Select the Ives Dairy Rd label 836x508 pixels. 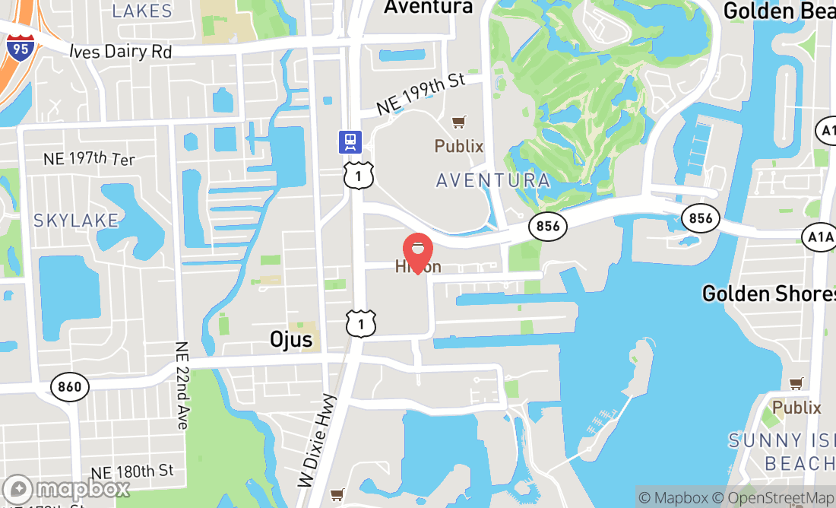pyautogui.click(x=120, y=51)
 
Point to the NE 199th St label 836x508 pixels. pyautogui.click(x=420, y=94)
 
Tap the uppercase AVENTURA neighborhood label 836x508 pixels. pyautogui.click(x=492, y=180)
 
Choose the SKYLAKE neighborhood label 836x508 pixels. pyautogui.click(x=76, y=221)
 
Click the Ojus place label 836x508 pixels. pyautogui.click(x=291, y=338)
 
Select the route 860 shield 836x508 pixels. pyautogui.click(x=70, y=387)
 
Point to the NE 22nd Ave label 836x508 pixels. pyautogui.click(x=182, y=385)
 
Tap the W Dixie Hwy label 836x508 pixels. pyautogui.click(x=317, y=441)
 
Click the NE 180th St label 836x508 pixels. pyautogui.click(x=131, y=472)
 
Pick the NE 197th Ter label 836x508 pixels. pyautogui.click(x=89, y=159)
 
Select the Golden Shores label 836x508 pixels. pyautogui.click(x=768, y=294)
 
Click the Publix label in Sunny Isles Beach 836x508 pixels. pyautogui.click(x=796, y=408)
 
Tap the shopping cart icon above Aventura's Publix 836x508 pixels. pyautogui.click(x=458, y=122)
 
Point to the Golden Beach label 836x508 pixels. pyautogui.click(x=778, y=11)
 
